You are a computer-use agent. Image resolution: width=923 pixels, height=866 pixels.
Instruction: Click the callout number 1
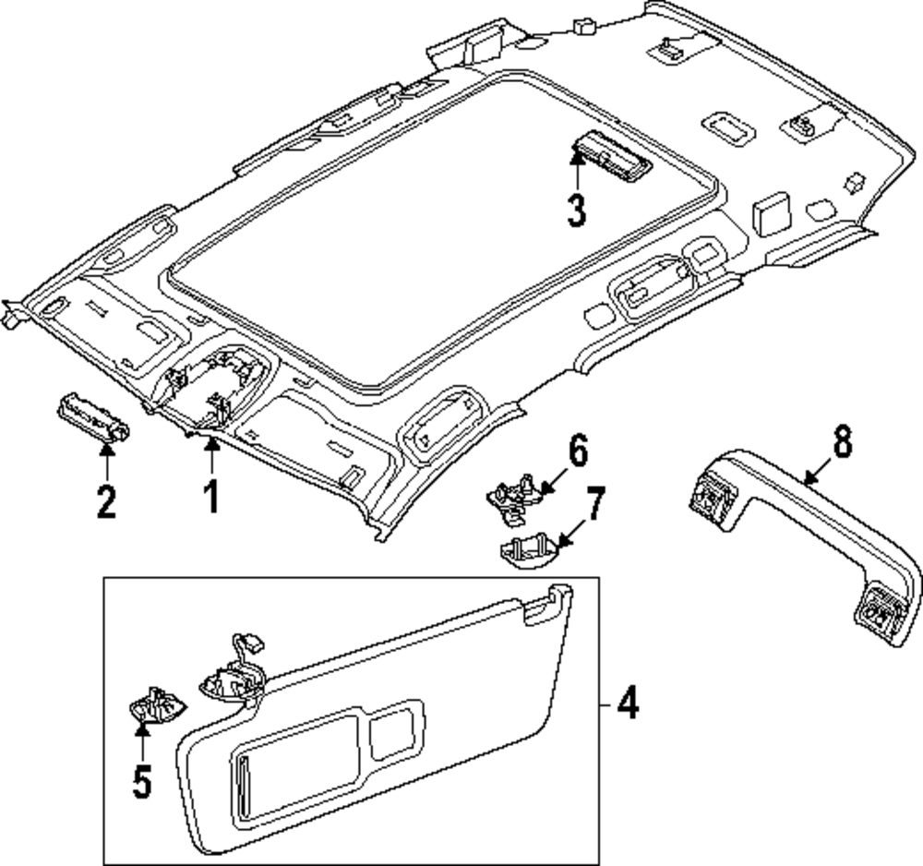[x=210, y=497]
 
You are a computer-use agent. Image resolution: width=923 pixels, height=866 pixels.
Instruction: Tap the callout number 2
[x=106, y=502]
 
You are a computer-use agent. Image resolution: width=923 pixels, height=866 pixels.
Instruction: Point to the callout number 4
[x=628, y=704]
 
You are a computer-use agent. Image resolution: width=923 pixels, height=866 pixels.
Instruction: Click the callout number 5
[x=142, y=782]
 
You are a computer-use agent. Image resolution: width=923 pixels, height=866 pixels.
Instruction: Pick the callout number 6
[x=578, y=451]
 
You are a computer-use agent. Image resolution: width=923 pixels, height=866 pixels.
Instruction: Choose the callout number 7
[x=593, y=503]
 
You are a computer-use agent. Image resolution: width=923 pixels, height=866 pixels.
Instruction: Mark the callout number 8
[x=842, y=443]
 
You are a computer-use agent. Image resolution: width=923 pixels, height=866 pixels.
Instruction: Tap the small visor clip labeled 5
[x=155, y=704]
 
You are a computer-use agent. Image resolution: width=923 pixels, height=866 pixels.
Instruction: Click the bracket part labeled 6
[x=514, y=497]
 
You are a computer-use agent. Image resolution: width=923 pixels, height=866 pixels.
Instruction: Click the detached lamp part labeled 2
[x=93, y=416]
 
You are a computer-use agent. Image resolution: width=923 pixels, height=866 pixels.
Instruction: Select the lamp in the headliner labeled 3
[x=611, y=157]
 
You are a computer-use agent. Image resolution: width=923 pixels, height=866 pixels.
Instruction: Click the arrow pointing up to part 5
[x=142, y=742]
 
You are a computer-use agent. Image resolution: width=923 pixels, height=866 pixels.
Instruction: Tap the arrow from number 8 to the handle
[x=819, y=472]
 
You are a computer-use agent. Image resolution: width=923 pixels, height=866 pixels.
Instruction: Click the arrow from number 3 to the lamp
[x=576, y=172]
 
